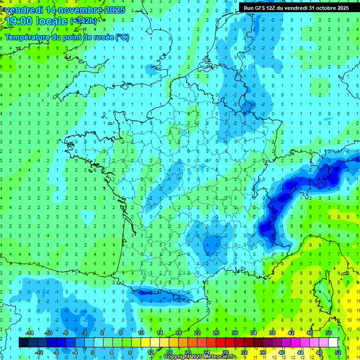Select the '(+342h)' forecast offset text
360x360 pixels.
[84, 21]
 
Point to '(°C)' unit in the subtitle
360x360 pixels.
[122, 37]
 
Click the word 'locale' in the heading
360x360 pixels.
[52, 21]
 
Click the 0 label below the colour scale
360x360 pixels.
[92, 352]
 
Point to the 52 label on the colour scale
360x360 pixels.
[338, 352]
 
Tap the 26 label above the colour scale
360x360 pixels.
[216, 333]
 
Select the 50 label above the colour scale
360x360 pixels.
[329, 333]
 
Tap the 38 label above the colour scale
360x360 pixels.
[272, 333]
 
